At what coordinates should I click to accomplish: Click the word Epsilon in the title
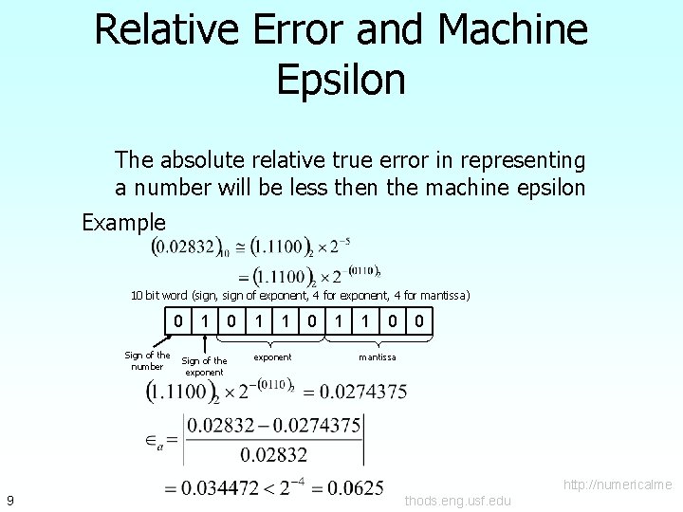tap(341, 79)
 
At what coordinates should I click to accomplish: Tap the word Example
tap(123, 224)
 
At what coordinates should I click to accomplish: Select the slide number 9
tap(9, 500)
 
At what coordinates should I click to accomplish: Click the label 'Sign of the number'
tap(147, 361)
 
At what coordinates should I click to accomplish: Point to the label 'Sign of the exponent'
tap(204, 366)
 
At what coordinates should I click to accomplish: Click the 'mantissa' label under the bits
tap(377, 357)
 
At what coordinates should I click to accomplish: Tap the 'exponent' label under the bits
tap(272, 357)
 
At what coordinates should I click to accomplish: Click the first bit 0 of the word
tap(178, 322)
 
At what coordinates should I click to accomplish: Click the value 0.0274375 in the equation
tap(364, 391)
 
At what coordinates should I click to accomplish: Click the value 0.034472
tap(223, 489)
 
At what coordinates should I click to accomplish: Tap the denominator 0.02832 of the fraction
tap(273, 454)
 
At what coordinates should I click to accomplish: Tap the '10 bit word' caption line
tap(300, 295)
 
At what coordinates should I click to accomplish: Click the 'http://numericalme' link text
tap(618, 485)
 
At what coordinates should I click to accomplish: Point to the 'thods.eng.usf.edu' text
tap(457, 501)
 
